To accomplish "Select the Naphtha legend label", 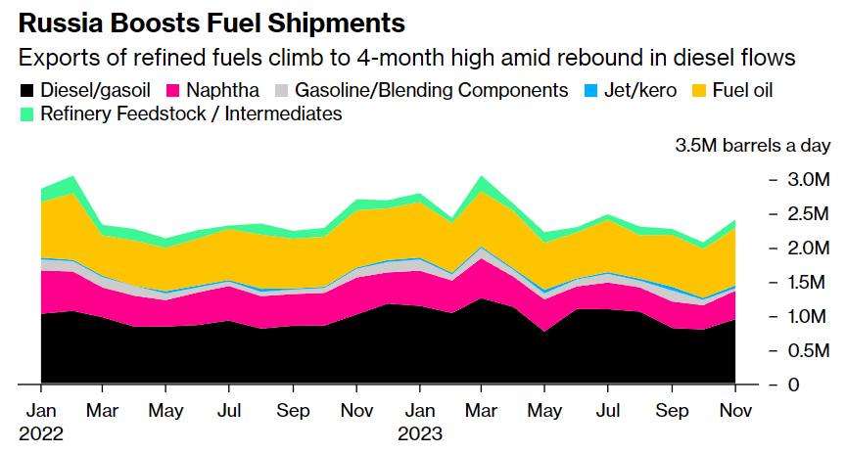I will point(223,91).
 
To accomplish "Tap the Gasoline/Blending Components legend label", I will point(431,91).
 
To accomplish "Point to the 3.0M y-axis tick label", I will point(808,180).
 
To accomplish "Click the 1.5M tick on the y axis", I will point(808,283).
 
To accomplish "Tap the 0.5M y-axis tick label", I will point(808,351).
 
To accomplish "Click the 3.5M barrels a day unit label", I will point(753,147).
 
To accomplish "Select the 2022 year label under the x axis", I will point(42,432).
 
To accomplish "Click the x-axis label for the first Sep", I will point(294,410).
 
